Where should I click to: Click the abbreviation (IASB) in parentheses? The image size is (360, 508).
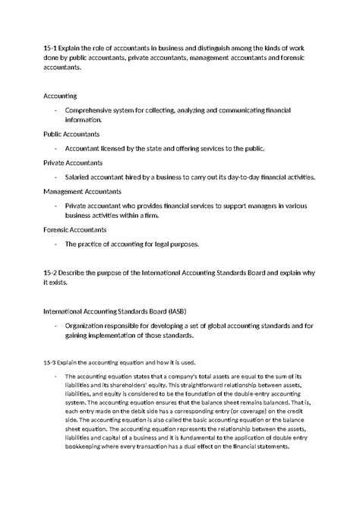[185, 311]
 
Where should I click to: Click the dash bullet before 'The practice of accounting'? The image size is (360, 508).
[56, 244]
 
